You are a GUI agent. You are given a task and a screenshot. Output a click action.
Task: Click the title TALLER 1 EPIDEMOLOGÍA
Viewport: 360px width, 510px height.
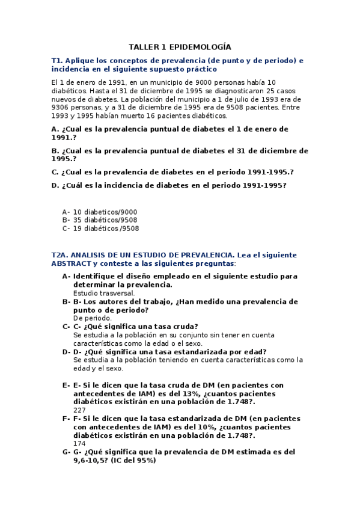coord(180,47)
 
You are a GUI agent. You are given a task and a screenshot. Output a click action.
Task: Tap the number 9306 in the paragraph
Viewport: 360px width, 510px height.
coord(62,108)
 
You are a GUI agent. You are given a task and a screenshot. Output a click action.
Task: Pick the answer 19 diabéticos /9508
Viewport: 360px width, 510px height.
coord(106,229)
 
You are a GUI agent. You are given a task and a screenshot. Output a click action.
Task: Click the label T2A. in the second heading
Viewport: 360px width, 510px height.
coord(61,255)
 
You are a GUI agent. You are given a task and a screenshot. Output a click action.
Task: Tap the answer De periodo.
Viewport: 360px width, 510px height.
coord(92,318)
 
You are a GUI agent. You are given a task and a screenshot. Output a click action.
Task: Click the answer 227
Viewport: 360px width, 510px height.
coord(79,410)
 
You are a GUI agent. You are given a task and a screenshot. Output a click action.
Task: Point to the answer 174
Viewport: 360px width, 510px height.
coord(79,444)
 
